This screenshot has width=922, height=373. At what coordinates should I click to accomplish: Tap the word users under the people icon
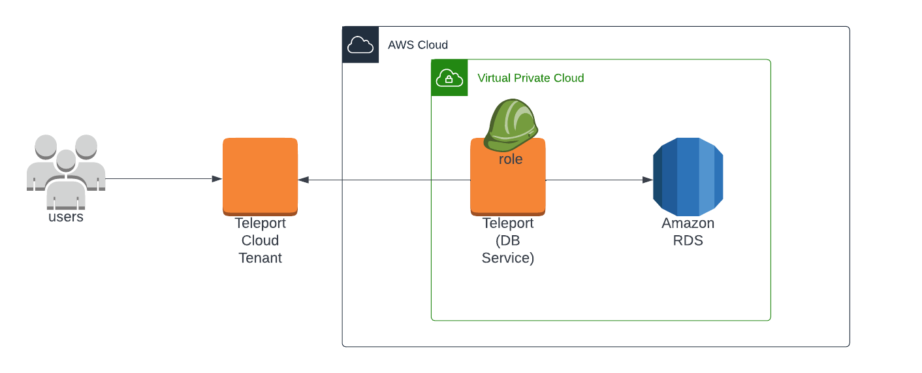click(66, 217)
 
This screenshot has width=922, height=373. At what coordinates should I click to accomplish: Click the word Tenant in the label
click(260, 258)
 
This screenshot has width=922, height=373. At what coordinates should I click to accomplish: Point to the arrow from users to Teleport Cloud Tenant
click(163, 179)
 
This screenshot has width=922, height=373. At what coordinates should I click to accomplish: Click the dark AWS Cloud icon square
click(360, 44)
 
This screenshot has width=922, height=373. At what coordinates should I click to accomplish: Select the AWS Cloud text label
click(417, 45)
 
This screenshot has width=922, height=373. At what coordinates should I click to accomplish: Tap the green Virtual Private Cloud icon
click(449, 78)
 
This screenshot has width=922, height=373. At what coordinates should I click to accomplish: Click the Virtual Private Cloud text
click(530, 78)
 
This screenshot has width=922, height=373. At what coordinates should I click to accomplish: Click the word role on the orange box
click(511, 159)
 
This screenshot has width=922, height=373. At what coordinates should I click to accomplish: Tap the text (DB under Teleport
click(508, 240)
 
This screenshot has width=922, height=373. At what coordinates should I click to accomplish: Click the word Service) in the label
click(508, 258)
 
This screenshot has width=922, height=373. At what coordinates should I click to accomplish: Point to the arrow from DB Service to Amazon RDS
click(597, 180)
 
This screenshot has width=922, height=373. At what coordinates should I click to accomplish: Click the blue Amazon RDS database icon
click(688, 176)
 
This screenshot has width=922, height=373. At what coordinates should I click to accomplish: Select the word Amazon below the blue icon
click(688, 223)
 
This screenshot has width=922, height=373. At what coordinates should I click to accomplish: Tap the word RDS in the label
click(688, 240)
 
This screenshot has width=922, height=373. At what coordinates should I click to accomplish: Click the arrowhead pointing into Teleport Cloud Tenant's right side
click(304, 180)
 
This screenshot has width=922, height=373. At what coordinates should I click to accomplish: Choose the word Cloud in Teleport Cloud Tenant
click(260, 240)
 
